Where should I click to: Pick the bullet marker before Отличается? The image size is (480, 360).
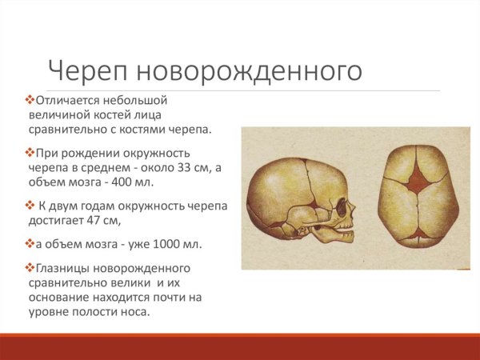point(30,101)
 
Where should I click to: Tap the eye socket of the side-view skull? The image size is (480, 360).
point(344,210)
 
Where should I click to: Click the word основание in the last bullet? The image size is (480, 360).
point(62,297)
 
